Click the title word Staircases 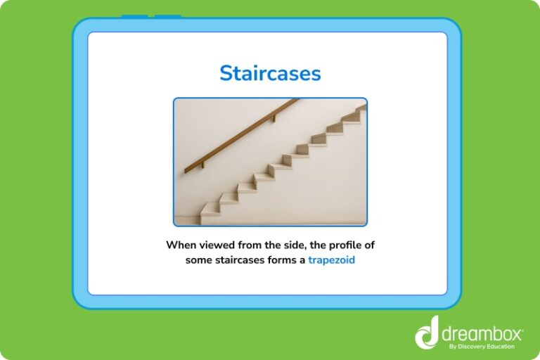pyautogui.click(x=270, y=73)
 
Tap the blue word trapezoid pyautogui.click(x=331, y=259)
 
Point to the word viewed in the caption pyautogui.click(x=224, y=245)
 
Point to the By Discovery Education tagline pyautogui.click(x=481, y=345)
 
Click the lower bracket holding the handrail pyautogui.click(x=202, y=165)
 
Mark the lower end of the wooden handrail pyautogui.click(x=187, y=170)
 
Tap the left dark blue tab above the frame pyautogui.click(x=134, y=16)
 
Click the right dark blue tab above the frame pyautogui.click(x=168, y=16)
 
